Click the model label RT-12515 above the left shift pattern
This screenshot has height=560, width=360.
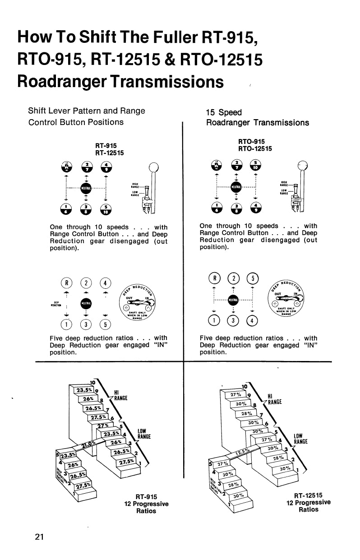(x=109, y=153)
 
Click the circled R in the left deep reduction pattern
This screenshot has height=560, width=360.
(x=67, y=284)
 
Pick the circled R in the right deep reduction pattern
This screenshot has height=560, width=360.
(x=214, y=277)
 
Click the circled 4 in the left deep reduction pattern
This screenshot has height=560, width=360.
(x=106, y=284)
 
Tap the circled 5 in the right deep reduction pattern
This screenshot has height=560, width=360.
(x=254, y=277)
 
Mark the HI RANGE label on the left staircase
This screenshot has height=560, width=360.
(x=120, y=395)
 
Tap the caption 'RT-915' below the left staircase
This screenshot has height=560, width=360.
(x=146, y=497)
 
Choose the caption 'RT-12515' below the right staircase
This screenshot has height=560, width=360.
(x=308, y=495)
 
